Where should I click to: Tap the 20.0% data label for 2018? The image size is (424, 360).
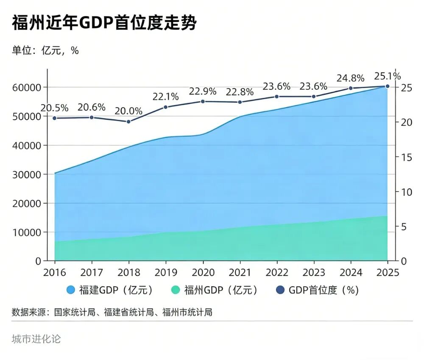128,111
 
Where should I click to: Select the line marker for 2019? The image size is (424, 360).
166,107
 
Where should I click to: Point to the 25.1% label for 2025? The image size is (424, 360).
387,76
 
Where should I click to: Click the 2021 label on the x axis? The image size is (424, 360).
240,272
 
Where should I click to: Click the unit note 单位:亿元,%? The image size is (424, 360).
45,50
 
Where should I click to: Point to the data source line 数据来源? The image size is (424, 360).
112,313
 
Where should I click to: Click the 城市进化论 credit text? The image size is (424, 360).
36,339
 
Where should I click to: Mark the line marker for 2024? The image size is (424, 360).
351,88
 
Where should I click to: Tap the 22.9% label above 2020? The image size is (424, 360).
203,91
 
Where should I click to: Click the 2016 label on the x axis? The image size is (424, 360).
55,272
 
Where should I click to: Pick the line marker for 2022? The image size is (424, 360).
277,97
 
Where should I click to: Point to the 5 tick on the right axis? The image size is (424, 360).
403,227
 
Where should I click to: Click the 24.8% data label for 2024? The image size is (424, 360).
351,78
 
